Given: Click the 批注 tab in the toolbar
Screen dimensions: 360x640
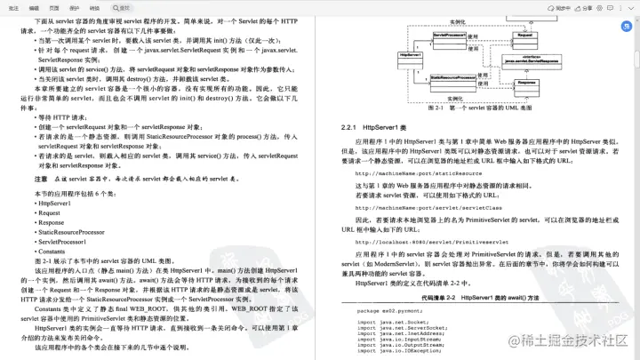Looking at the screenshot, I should click(x=12, y=6).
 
